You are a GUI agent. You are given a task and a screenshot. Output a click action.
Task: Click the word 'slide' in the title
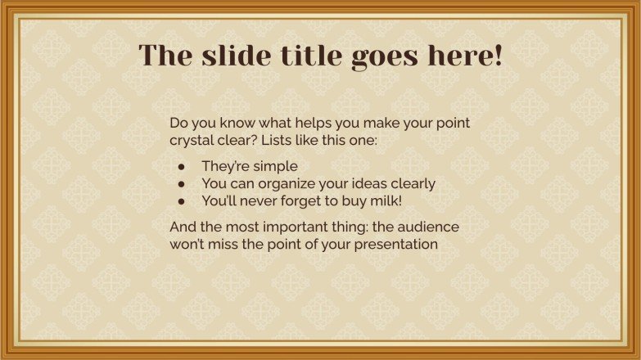click(230, 56)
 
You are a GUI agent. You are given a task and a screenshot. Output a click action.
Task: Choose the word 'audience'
click(432, 227)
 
